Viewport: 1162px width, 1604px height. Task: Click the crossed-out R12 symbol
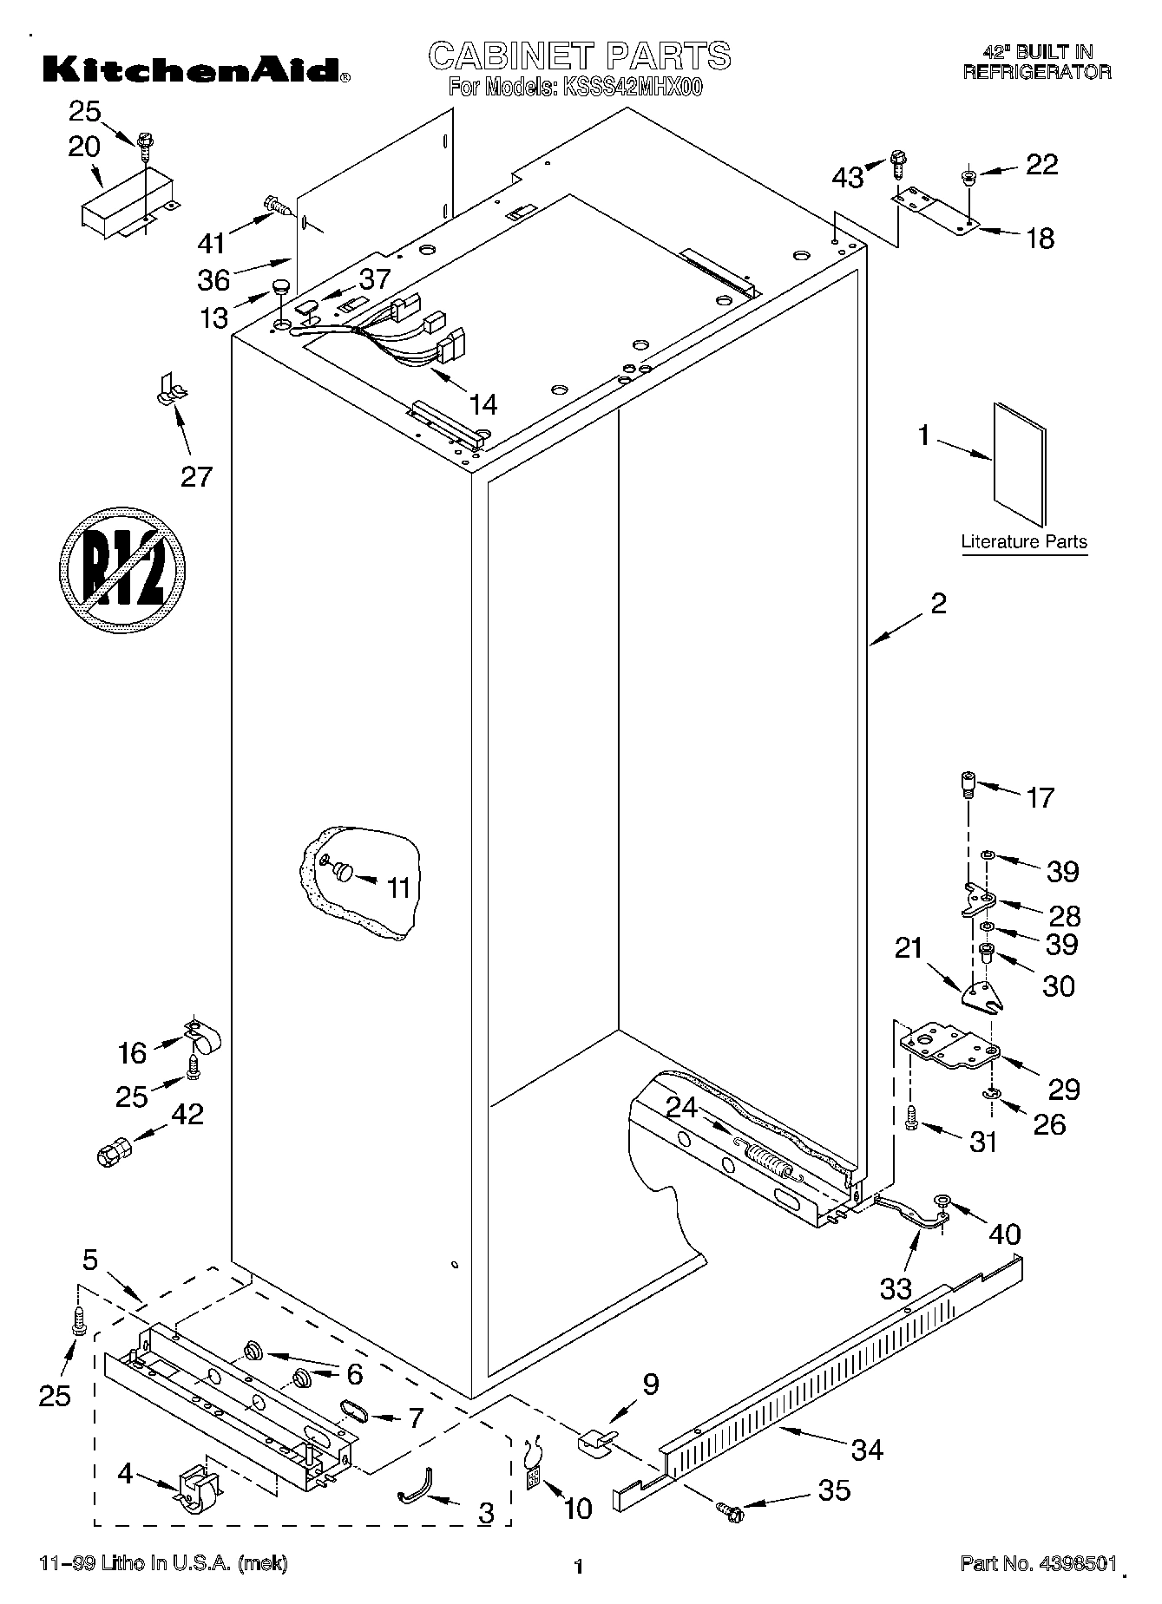tap(122, 566)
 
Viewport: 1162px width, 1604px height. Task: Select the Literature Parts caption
tap(1023, 541)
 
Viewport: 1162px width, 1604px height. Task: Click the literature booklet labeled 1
tap(1019, 464)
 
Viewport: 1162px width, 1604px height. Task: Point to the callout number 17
tap(1040, 795)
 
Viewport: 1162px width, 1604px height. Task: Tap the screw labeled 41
tap(277, 206)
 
